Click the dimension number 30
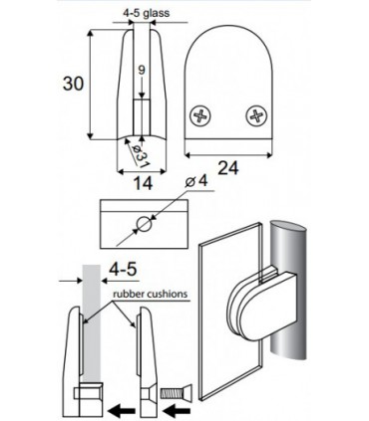pos(67,84)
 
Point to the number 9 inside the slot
pos(141,71)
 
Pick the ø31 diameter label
pos(140,154)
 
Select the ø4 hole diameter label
pos(199,181)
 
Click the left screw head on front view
pos(203,115)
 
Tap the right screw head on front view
pos(258,115)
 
